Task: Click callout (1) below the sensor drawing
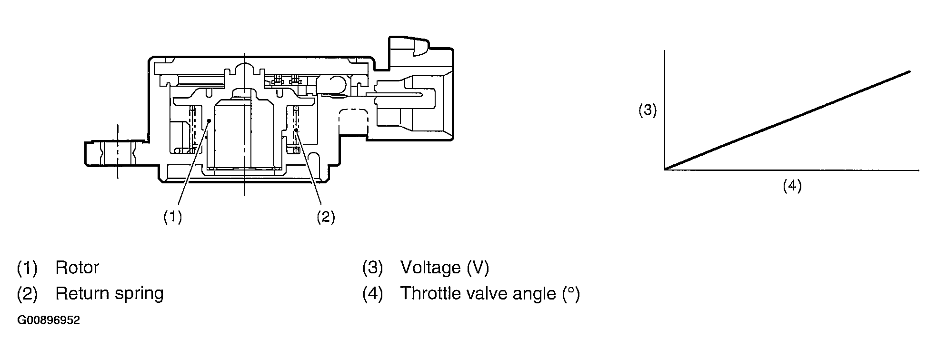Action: [173, 217]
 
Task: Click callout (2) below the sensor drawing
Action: [326, 217]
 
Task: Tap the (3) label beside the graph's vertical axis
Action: [648, 110]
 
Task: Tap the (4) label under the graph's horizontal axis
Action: [792, 185]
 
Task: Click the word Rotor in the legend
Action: [77, 268]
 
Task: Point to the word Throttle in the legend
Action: [430, 293]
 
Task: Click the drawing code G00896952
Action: [49, 320]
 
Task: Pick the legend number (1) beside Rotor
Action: [27, 268]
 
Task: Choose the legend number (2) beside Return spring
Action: [27, 294]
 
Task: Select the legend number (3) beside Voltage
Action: [372, 268]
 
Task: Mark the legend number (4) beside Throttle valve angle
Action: [372, 294]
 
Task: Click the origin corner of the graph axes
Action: [665, 170]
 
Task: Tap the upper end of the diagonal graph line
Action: [909, 72]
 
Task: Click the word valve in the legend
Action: [487, 293]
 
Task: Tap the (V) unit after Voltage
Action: [478, 268]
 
